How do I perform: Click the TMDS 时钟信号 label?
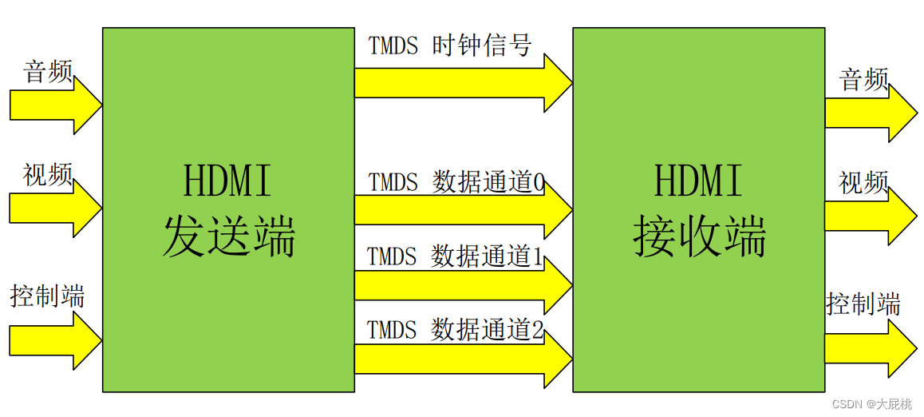point(449,46)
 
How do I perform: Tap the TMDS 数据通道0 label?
point(456,183)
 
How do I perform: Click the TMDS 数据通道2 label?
point(455,329)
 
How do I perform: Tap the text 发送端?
point(229,236)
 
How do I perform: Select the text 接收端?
point(699,236)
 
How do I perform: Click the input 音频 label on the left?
point(48,72)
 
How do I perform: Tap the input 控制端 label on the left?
point(47,296)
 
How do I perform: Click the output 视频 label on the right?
point(863,183)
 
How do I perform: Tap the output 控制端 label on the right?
point(863,304)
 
